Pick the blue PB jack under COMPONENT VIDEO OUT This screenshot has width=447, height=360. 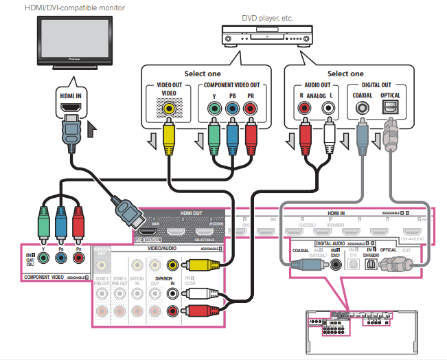231,108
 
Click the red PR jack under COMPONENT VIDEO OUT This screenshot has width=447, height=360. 250,108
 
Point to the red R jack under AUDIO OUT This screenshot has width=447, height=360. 303,108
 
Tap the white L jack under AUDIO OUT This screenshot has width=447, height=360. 328,108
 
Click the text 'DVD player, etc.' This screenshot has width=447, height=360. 267,17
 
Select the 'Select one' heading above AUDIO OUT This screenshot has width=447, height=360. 345,74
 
